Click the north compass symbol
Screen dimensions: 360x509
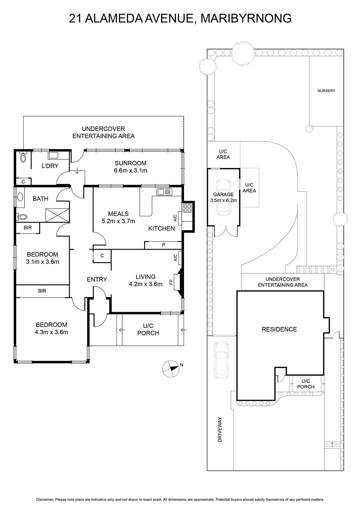pyautogui.click(x=171, y=369)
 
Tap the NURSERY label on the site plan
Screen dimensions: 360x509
pyautogui.click(x=326, y=91)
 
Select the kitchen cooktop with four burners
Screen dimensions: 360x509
pyautogui.click(x=187, y=208)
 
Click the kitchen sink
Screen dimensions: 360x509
pyautogui.click(x=164, y=192)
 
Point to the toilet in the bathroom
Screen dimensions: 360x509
pyautogui.click(x=22, y=217)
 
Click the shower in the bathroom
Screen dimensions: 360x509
pyautogui.click(x=57, y=215)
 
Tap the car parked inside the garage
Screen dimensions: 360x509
pyautogui.click(x=223, y=197)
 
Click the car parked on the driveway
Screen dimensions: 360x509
pyautogui.click(x=221, y=360)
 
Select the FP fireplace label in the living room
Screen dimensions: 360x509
pyautogui.click(x=171, y=282)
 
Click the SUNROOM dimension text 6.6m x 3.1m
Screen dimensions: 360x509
pyautogui.click(x=131, y=171)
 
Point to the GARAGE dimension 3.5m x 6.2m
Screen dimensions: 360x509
pyautogui.click(x=223, y=200)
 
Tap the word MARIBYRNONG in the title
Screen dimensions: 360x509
pyautogui.click(x=246, y=18)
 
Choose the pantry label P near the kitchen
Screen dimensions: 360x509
pyautogui.click(x=164, y=245)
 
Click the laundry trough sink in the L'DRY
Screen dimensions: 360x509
pyautogui.click(x=53, y=156)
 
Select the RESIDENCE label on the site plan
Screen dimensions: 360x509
pyautogui.click(x=279, y=329)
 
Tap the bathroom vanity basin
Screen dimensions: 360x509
pyautogui.click(x=20, y=197)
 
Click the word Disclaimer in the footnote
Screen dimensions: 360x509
pyautogui.click(x=45, y=499)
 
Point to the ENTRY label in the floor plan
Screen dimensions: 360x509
pyautogui.click(x=97, y=279)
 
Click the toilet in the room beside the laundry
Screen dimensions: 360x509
pyautogui.click(x=23, y=157)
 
